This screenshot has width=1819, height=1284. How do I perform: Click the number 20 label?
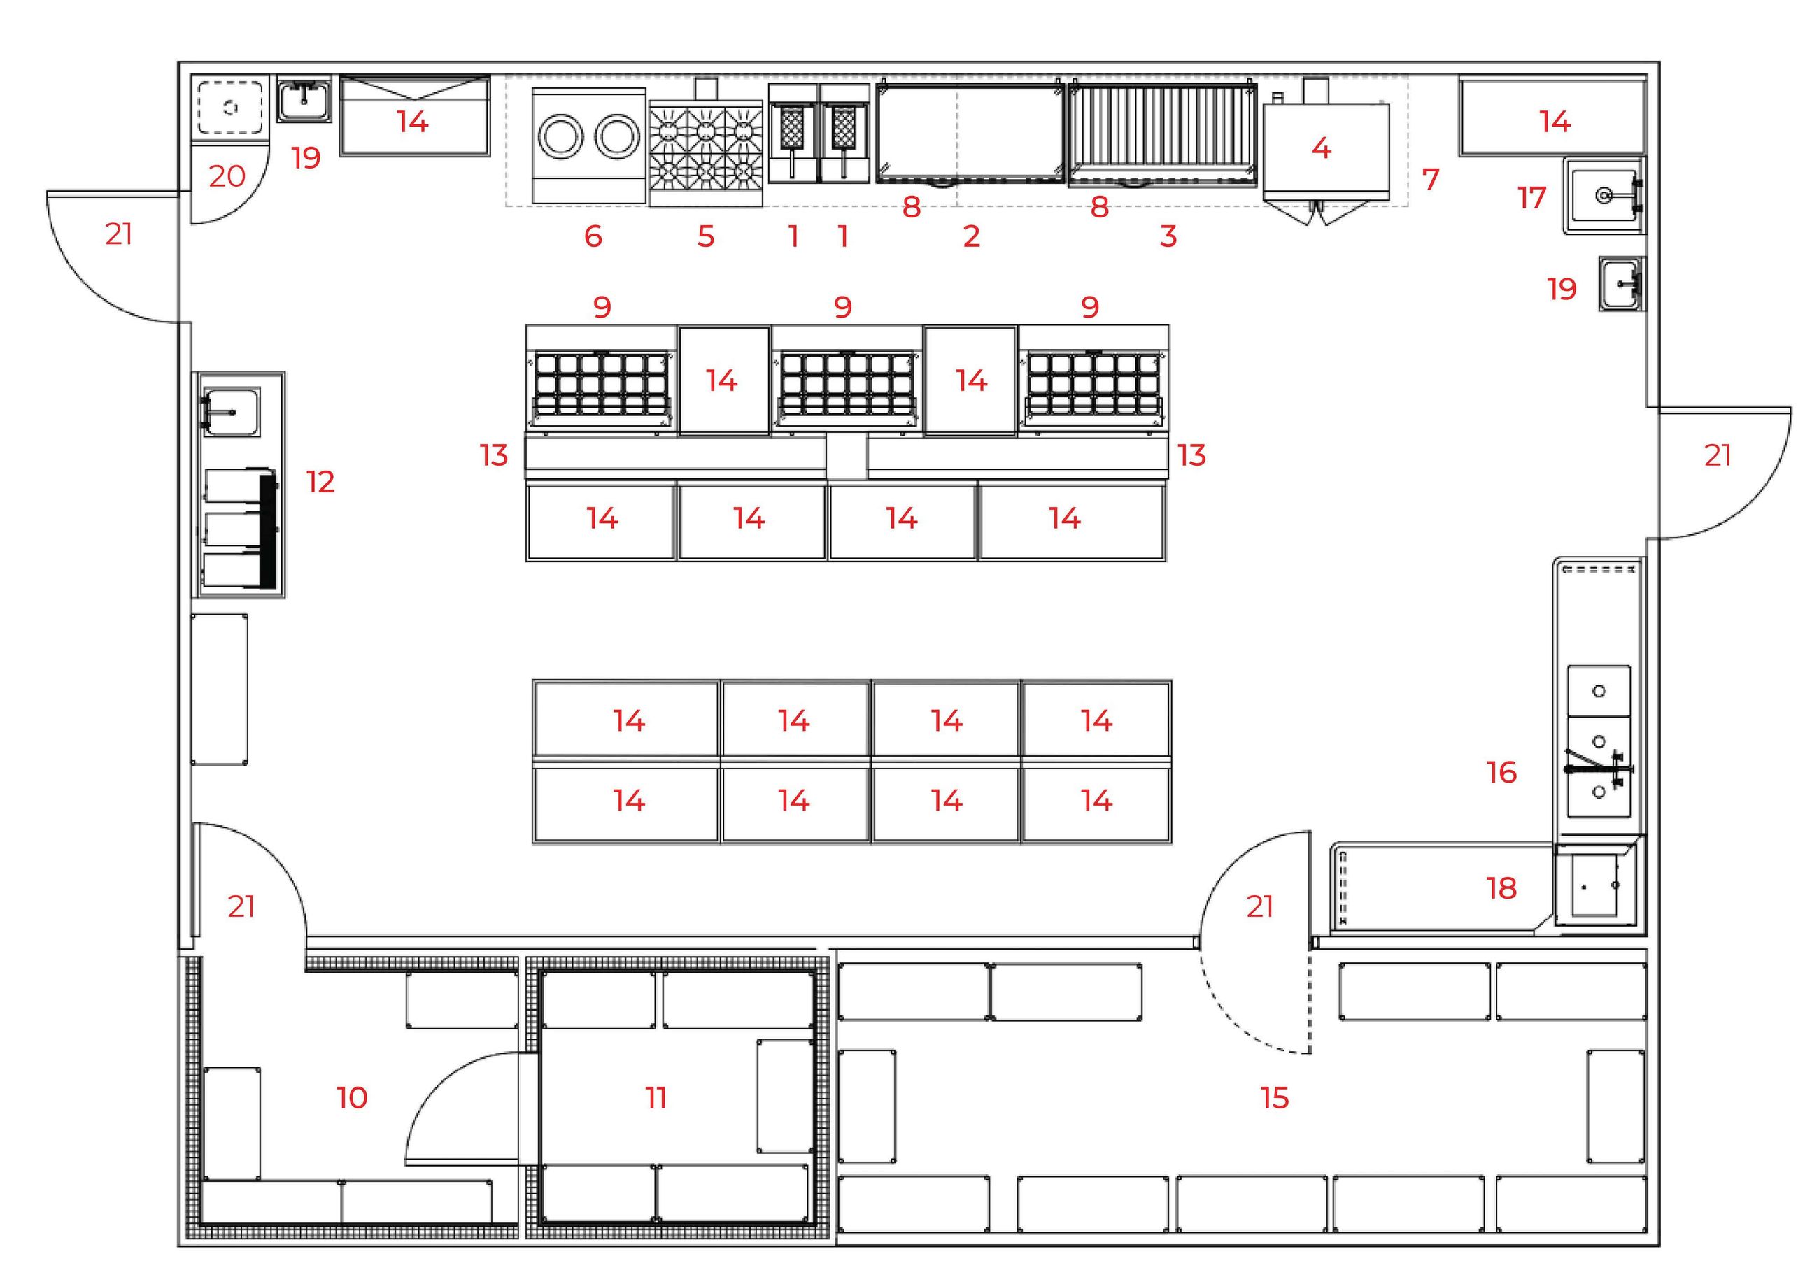point(227,176)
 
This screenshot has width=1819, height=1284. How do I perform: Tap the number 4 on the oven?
point(1321,148)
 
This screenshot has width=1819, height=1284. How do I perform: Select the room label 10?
point(352,1098)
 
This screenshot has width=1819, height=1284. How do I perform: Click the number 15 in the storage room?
point(1275,1098)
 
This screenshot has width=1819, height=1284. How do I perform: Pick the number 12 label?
point(321,482)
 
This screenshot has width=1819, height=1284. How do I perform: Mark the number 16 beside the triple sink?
point(1501,772)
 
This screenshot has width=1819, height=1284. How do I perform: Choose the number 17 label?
point(1532,198)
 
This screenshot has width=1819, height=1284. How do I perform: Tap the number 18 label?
point(1501,888)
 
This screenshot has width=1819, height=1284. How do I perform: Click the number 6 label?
point(593,236)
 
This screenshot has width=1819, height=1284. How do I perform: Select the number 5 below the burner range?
point(706,236)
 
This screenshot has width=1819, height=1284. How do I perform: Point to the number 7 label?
point(1430,180)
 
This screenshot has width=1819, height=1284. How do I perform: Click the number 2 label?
point(971,236)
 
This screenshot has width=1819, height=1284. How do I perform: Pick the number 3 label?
point(1168,236)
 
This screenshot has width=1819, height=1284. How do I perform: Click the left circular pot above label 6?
point(561,136)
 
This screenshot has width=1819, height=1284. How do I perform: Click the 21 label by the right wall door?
point(1718,455)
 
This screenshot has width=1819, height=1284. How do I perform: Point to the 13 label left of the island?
point(493,455)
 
